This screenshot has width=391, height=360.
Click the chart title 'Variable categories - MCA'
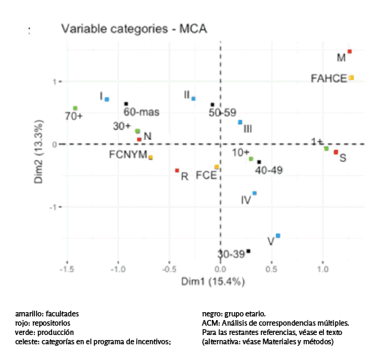[133, 29]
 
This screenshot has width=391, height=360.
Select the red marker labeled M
[350, 51]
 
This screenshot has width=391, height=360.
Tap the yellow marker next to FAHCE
[351, 77]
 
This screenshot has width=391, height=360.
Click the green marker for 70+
[75, 108]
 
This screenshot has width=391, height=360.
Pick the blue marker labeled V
[278, 235]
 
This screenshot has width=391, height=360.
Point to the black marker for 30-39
[248, 251]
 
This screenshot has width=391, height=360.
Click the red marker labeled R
[177, 170]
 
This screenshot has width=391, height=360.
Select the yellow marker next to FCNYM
[151, 157]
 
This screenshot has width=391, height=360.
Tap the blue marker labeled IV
[255, 193]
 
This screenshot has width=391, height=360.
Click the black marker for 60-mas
[126, 104]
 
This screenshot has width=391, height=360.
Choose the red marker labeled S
[336, 152]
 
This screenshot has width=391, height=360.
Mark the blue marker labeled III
[240, 122]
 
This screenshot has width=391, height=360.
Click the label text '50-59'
[222, 113]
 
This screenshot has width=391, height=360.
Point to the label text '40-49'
[269, 171]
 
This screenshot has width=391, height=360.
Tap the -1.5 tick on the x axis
[66, 271]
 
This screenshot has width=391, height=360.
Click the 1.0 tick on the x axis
[323, 271]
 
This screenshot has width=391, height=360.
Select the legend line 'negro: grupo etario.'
[234, 314]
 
